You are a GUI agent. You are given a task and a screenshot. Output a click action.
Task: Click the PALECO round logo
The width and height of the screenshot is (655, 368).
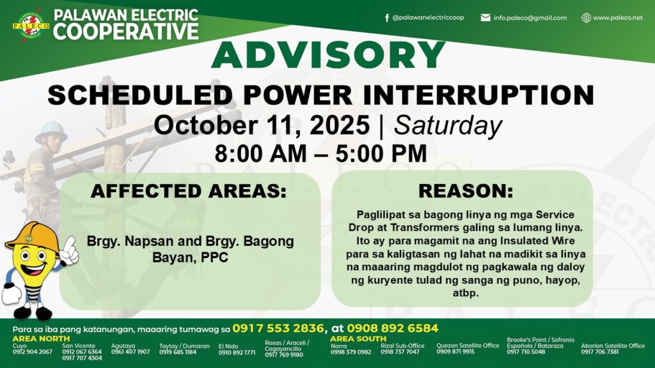pos(31,26)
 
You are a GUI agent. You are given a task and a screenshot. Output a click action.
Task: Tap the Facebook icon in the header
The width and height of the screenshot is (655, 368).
pos(387,17)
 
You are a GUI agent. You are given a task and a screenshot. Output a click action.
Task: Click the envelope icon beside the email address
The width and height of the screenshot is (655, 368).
pos(485,17)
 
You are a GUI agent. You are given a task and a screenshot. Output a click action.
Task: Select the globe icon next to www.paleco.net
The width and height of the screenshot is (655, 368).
pos(586,17)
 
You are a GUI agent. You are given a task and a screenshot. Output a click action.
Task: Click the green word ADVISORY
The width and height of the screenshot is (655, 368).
pos(328,55)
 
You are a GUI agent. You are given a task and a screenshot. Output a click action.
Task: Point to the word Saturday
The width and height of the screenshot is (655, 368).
pos(448,125)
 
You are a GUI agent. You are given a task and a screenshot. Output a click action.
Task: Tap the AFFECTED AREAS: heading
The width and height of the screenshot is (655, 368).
pos(189,191)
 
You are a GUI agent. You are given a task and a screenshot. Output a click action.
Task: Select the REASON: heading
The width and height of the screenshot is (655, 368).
pos(466,191)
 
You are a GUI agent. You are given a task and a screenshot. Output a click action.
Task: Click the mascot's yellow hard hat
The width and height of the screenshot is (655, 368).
pos(33,236)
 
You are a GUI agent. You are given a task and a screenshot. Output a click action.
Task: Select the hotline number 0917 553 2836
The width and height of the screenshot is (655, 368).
pos(278,328)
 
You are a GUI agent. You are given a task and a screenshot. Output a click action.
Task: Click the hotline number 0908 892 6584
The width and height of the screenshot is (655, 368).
pos(393,328)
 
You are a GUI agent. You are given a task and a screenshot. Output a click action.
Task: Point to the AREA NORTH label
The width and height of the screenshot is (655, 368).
pos(41,339)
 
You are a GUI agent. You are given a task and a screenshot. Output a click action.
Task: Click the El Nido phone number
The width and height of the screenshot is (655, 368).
pos(237,353)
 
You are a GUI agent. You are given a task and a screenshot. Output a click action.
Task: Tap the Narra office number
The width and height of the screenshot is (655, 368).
pos(351,352)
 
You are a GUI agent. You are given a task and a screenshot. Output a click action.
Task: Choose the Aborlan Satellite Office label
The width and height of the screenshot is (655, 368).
pos(613,346)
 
